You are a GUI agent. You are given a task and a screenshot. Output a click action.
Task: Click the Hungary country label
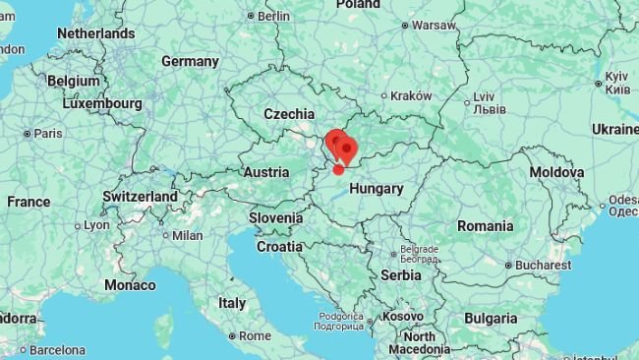point(377,188)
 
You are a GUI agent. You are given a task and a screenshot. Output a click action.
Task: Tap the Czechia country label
point(289,114)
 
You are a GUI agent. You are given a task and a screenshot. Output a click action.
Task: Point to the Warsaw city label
point(434,25)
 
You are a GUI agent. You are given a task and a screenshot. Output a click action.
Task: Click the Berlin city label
point(274,16)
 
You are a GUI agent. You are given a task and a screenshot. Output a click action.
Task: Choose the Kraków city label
point(411,95)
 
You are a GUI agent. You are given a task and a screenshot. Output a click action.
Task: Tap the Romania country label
point(485,225)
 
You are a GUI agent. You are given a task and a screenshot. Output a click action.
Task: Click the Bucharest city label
point(543,265)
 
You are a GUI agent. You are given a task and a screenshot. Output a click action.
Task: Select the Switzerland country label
point(140,196)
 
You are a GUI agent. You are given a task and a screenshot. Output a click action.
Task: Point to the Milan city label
point(187,235)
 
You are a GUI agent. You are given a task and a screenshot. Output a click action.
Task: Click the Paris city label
point(47,133)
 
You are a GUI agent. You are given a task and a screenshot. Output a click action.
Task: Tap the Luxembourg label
point(103,102)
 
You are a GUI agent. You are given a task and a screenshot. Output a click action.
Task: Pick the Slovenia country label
point(275,217)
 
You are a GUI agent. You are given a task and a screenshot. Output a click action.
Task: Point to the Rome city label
point(255,335)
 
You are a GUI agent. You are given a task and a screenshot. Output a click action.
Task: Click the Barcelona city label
point(57,349)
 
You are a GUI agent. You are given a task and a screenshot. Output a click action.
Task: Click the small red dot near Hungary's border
point(338,169)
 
